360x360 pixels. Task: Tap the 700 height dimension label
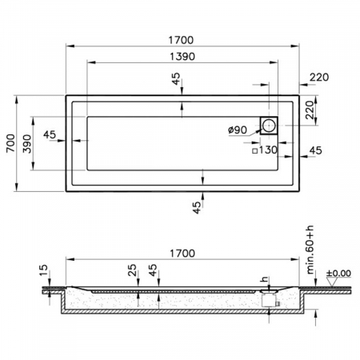10,145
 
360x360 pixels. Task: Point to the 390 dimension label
29,145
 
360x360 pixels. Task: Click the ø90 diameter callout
238,130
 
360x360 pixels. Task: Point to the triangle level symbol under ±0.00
333,285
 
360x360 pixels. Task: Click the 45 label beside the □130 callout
315,150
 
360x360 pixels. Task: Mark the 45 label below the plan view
198,207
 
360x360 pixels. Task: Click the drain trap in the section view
270,299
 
